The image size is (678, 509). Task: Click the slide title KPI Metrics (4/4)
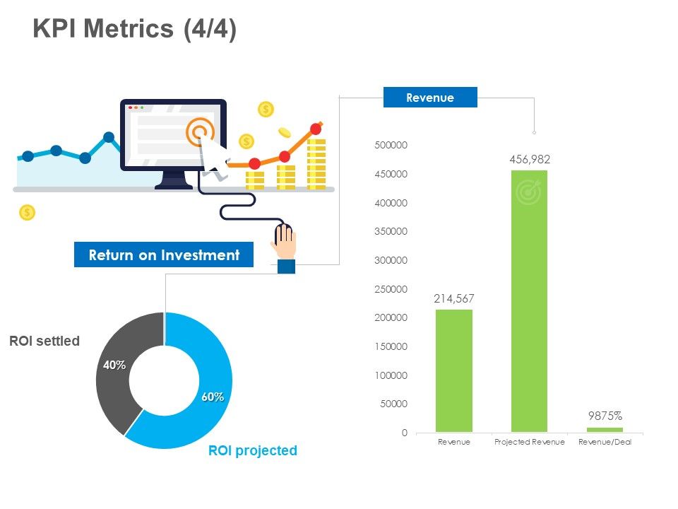point(135,29)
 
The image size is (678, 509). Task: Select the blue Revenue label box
point(430,98)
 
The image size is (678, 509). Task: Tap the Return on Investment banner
point(164,255)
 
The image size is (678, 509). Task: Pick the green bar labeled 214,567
point(454,370)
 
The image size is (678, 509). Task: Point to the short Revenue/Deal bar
point(605,429)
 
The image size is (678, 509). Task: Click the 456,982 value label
point(530,160)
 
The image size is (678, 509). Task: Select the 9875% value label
point(605,416)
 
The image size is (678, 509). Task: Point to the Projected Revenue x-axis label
point(530,442)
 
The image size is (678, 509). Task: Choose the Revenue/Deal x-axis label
point(605,442)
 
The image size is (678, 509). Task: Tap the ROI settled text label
point(44,341)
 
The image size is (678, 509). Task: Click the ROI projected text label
point(253,450)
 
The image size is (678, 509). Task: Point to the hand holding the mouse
point(285,244)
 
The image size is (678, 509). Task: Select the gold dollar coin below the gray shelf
point(27,212)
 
